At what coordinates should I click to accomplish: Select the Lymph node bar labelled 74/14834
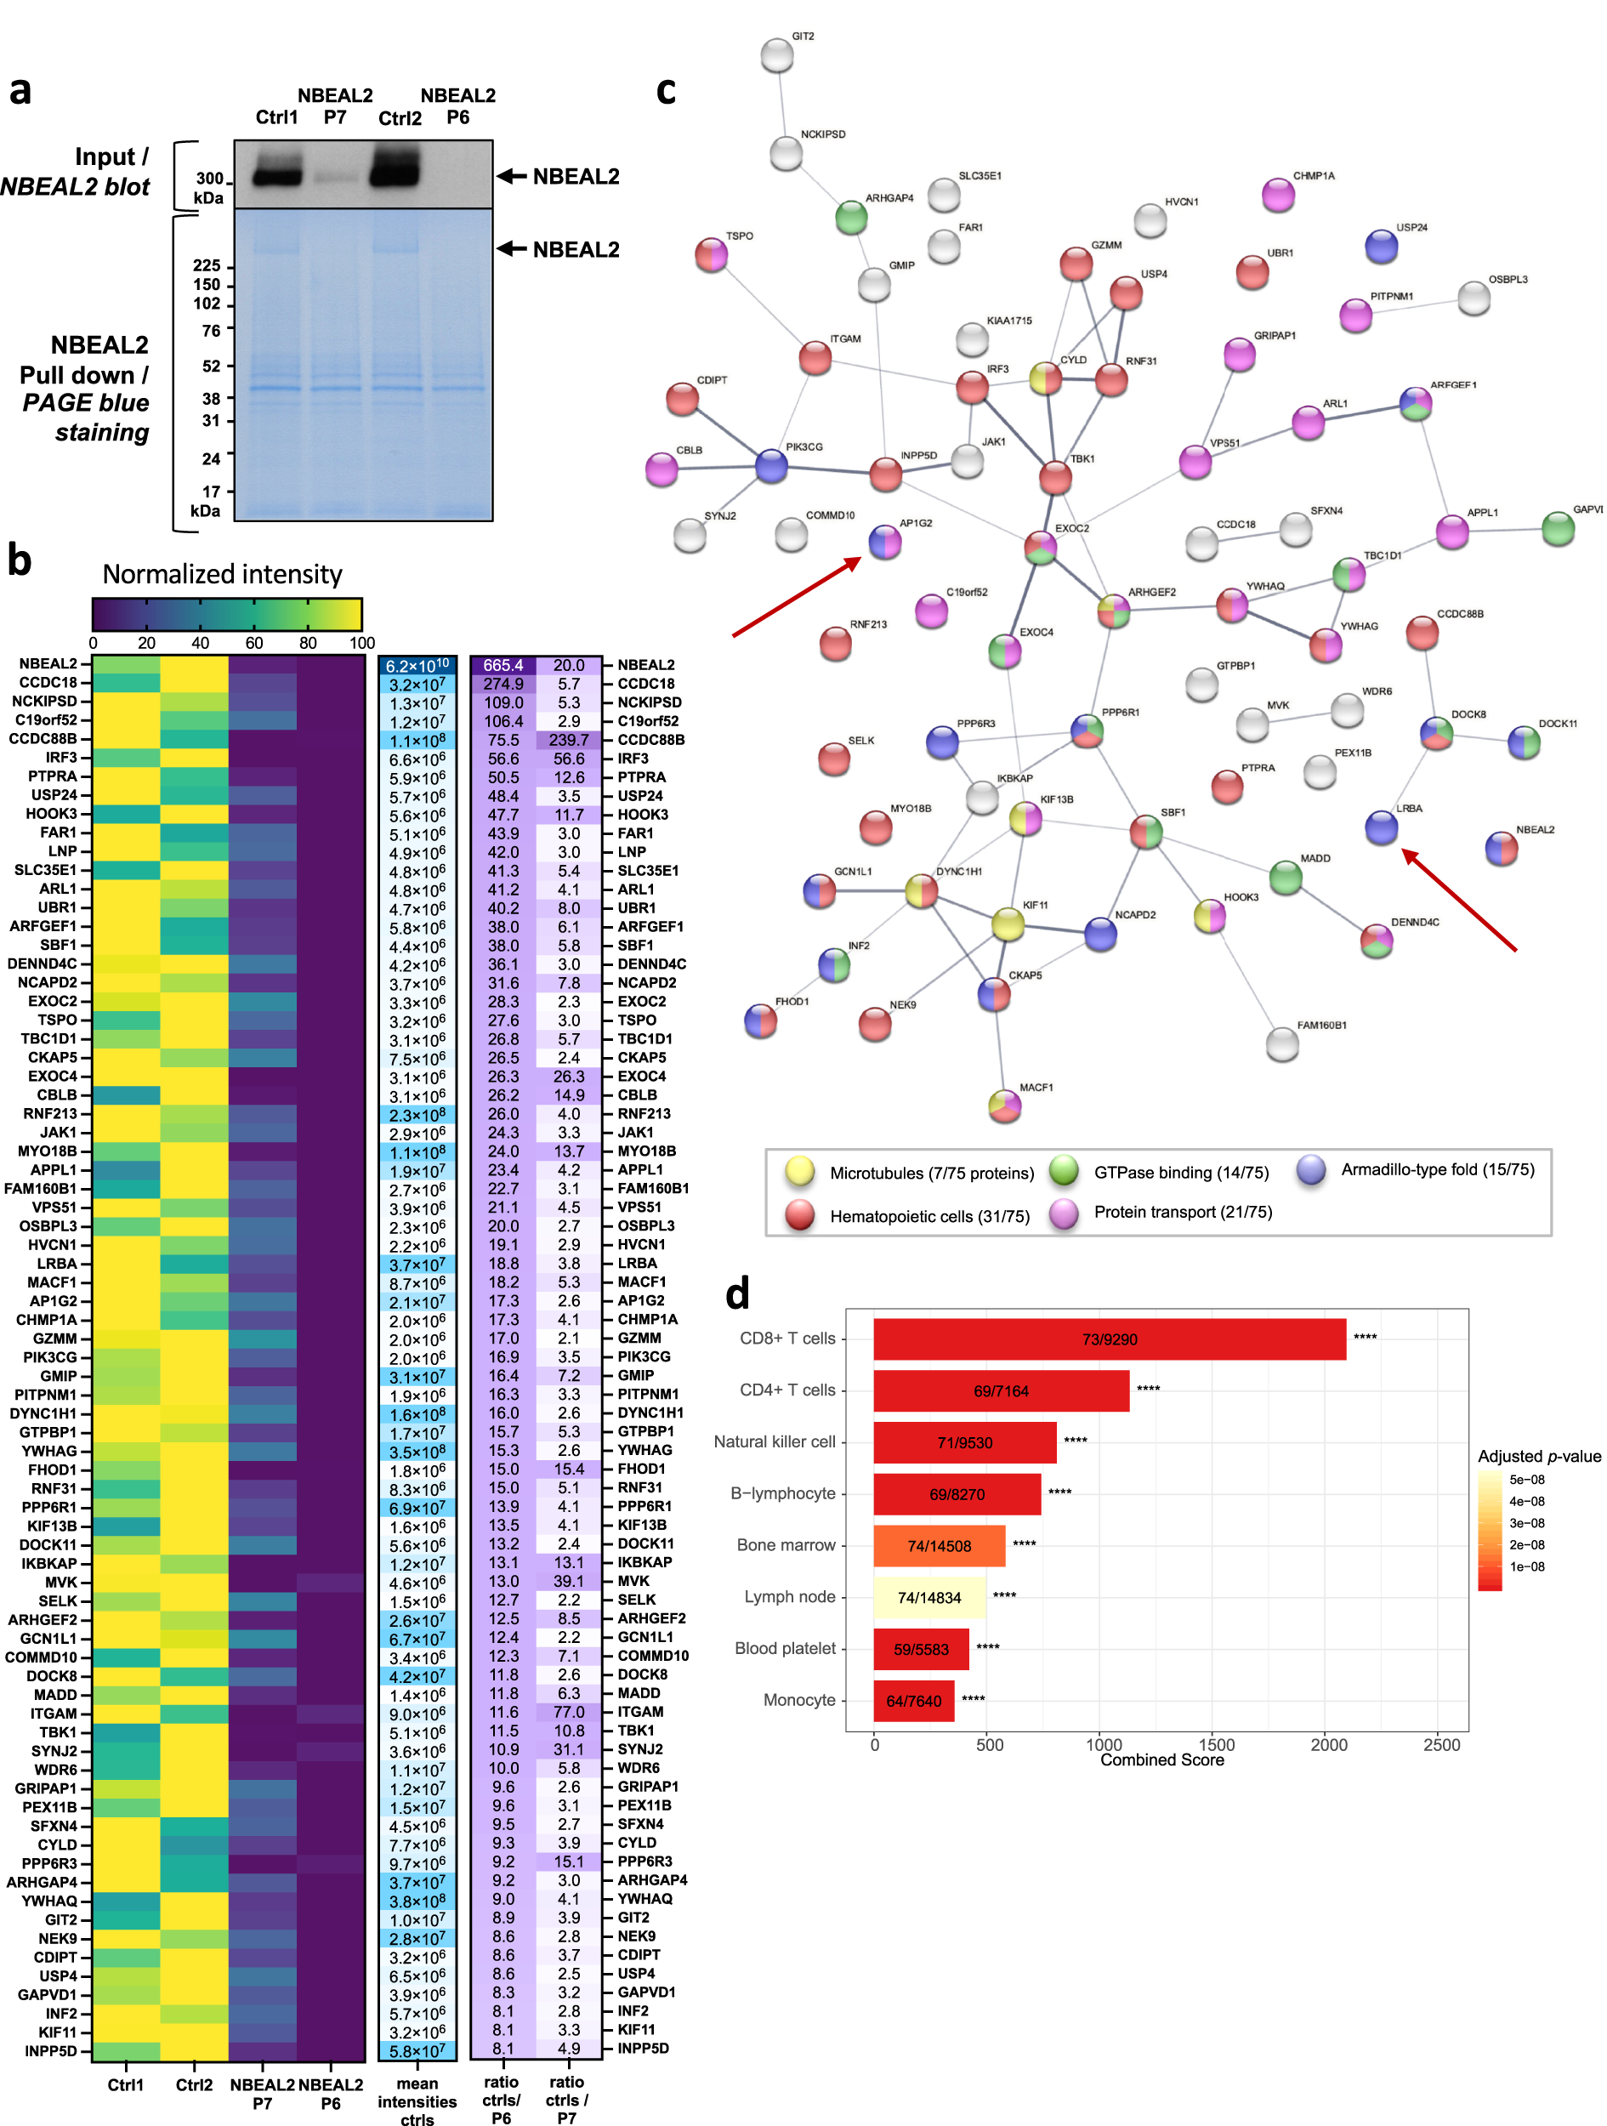928,1597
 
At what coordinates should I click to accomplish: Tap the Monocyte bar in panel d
913,1700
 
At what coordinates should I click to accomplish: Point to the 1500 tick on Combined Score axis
1216,1744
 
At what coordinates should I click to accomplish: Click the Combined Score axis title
1161,1759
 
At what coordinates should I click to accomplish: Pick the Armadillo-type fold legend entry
1436,1169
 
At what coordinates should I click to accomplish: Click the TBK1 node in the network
1054,477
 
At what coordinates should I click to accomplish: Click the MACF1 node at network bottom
1004,1106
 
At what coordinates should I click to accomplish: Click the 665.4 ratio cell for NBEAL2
503,665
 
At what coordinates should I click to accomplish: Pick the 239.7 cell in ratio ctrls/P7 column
568,740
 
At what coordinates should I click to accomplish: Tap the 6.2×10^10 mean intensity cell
417,665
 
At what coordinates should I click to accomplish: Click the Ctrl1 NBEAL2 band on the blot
277,177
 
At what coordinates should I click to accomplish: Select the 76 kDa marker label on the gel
211,331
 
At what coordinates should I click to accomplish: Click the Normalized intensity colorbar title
222,574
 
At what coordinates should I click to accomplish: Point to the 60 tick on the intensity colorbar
253,643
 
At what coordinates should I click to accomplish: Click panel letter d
736,1293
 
